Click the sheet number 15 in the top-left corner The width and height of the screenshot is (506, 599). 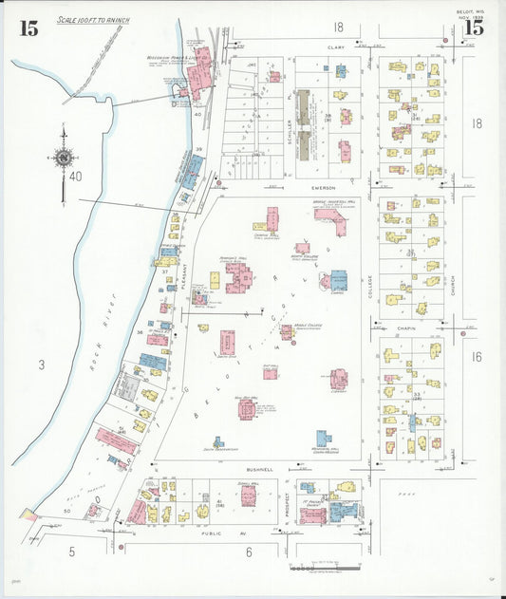click(x=28, y=28)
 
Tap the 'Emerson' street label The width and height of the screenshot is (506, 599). click(x=324, y=189)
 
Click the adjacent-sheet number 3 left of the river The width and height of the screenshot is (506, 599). click(x=41, y=364)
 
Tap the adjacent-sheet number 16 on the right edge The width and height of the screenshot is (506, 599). click(x=476, y=357)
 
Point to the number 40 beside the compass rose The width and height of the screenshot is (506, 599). click(x=76, y=176)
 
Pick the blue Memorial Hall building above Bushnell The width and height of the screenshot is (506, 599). click(x=324, y=439)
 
